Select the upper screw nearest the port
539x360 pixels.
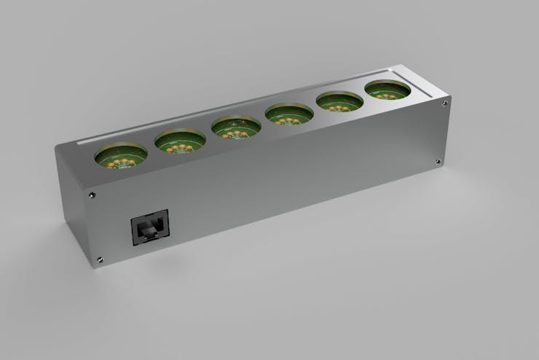point(91,195)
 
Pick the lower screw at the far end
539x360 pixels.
point(437,162)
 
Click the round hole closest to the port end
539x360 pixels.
point(121,155)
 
